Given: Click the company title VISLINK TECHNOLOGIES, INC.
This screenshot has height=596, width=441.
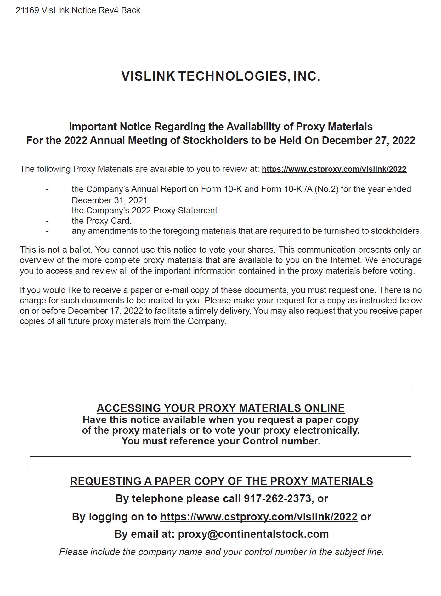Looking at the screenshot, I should pyautogui.click(x=221, y=76).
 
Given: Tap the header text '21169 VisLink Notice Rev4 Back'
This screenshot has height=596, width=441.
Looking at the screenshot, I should pyautogui.click(x=78, y=10).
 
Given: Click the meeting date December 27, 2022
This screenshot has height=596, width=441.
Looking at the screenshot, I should pyautogui.click(x=368, y=140).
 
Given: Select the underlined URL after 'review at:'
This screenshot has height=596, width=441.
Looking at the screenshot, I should pyautogui.click(x=334, y=169).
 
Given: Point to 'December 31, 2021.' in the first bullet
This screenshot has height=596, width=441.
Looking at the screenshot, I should pyautogui.click(x=111, y=200).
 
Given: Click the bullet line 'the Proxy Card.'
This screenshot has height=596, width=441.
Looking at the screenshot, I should pyautogui.click(x=101, y=221).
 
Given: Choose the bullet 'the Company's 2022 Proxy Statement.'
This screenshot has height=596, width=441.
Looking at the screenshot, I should pyautogui.click(x=145, y=211).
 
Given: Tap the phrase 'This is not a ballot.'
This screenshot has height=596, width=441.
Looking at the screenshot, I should pyautogui.click(x=56, y=250).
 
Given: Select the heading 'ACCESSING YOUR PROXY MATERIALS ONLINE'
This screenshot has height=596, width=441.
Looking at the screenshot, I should pyautogui.click(x=221, y=408).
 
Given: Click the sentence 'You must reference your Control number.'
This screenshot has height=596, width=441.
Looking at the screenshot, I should pyautogui.click(x=221, y=441).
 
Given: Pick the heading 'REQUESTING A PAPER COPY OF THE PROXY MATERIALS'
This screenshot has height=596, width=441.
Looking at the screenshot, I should pyautogui.click(x=221, y=481).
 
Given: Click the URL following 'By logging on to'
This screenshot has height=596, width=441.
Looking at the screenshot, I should pyautogui.click(x=259, y=517).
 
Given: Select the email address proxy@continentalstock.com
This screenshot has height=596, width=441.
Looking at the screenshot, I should pyautogui.click(x=253, y=534).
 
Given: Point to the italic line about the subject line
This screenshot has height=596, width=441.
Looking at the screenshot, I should pyautogui.click(x=221, y=552).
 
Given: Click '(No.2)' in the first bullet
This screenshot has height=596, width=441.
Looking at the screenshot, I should pyautogui.click(x=326, y=189).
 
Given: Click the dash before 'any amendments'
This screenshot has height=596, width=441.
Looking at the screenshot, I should pyautogui.click(x=47, y=231).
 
